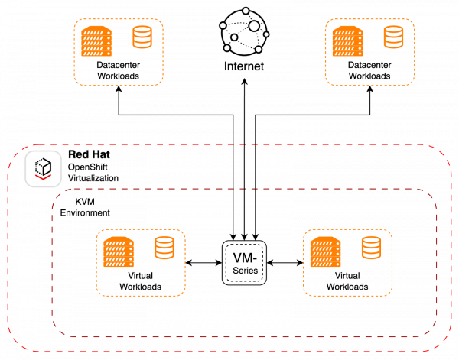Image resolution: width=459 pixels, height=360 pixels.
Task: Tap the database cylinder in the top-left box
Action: click(x=142, y=37)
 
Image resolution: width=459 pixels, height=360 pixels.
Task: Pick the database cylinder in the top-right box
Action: click(x=393, y=37)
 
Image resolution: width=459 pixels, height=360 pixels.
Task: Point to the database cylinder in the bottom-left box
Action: click(x=164, y=248)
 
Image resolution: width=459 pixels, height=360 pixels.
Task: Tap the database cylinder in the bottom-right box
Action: click(x=371, y=248)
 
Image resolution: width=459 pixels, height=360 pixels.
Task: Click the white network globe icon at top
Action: click(x=244, y=31)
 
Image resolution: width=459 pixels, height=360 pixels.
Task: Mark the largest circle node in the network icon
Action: click(x=254, y=26)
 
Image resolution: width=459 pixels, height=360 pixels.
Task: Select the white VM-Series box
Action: click(x=244, y=263)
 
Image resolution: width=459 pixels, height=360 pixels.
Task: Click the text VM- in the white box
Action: click(x=244, y=258)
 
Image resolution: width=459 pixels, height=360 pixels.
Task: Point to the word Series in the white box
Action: click(x=244, y=271)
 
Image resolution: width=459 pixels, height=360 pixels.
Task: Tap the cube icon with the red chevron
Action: click(x=43, y=169)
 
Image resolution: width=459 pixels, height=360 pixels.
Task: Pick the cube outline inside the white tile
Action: click(x=43, y=165)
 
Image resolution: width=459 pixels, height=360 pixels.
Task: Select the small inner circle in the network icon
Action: click(x=235, y=37)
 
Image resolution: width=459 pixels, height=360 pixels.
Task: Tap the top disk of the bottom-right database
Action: click(x=371, y=241)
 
